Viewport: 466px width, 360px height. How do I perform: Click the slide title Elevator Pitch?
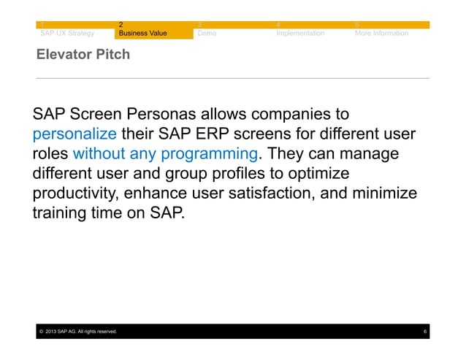(x=83, y=54)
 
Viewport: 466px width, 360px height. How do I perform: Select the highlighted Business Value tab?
(x=143, y=33)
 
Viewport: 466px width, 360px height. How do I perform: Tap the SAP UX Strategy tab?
(x=66, y=33)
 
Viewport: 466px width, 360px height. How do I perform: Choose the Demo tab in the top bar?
(x=207, y=33)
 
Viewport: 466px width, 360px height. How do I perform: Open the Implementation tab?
(x=300, y=33)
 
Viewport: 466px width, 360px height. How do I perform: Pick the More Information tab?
(x=381, y=33)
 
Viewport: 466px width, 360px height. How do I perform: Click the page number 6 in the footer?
(x=425, y=332)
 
